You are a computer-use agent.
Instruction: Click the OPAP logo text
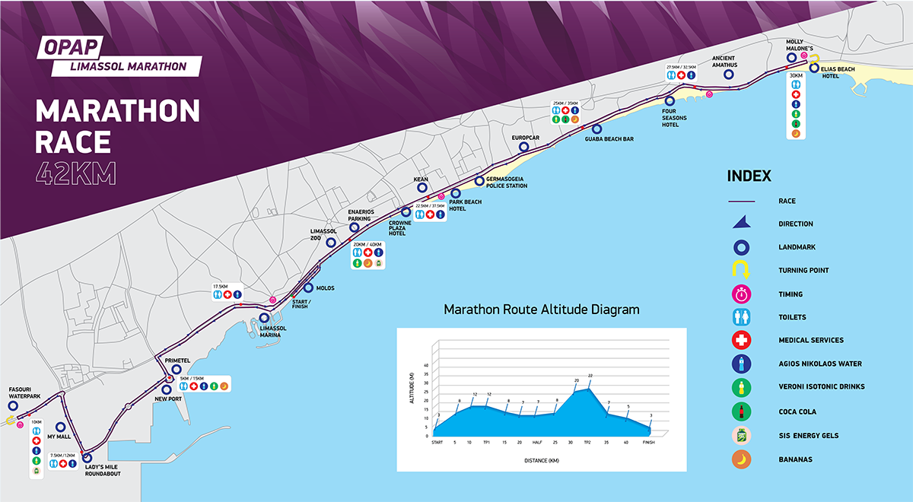coord(69,47)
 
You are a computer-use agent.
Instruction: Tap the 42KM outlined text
coord(75,174)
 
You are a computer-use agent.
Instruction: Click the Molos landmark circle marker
coord(308,288)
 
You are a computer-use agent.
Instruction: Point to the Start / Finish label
coord(300,303)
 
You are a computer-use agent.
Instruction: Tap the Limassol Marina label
coord(273,332)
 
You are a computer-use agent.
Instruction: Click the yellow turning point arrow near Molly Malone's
coord(813,59)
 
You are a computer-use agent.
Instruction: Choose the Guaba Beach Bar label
coord(609,139)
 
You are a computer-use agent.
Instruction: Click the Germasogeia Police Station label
coord(501,183)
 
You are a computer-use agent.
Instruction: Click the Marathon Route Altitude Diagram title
coord(541,310)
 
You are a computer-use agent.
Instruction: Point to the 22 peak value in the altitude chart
coord(590,376)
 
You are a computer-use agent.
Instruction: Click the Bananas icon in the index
coord(743,459)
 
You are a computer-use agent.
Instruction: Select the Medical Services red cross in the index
coord(743,340)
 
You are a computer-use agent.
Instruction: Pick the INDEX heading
coord(749,176)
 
